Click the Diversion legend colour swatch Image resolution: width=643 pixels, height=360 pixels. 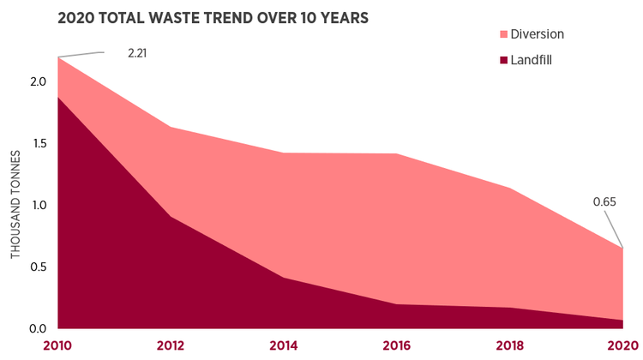(x=499, y=34)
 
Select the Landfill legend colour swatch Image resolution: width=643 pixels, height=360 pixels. (x=499, y=60)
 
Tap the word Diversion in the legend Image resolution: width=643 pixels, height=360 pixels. (x=537, y=34)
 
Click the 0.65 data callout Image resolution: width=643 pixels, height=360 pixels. (x=605, y=202)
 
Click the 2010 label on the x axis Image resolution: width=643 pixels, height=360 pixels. (x=57, y=345)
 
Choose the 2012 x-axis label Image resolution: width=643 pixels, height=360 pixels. (x=170, y=345)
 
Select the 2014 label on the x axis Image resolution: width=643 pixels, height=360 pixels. (x=283, y=345)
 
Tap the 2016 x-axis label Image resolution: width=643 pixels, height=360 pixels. (x=396, y=345)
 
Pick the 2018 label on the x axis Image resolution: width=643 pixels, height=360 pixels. (x=509, y=345)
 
